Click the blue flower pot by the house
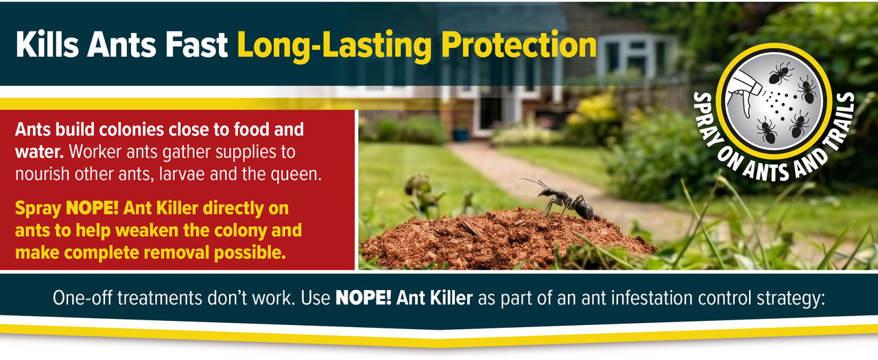point(461,134)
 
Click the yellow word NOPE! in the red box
point(92,208)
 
